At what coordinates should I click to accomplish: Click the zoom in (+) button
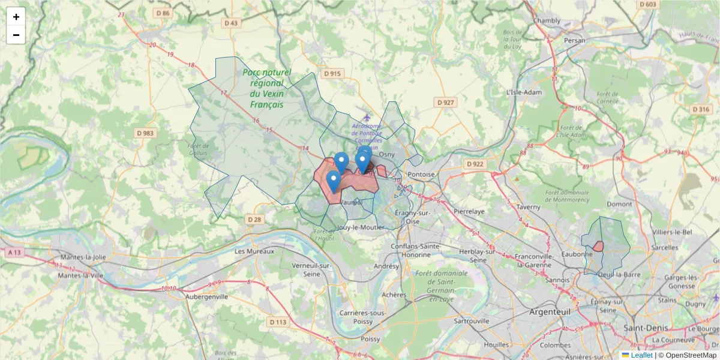pos(16,17)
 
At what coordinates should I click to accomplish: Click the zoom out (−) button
pos(16,35)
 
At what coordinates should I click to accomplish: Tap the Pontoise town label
pos(421,174)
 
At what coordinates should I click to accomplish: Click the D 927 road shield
pos(446,103)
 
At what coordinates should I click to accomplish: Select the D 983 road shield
pos(145,133)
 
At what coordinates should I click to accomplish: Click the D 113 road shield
pos(278,322)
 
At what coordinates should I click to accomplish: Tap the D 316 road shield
pos(701,109)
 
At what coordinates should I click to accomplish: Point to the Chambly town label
pos(547,20)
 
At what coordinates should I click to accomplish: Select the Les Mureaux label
pos(254,251)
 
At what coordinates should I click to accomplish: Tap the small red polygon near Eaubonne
pos(598,246)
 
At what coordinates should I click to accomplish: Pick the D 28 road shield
pos(254,220)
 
